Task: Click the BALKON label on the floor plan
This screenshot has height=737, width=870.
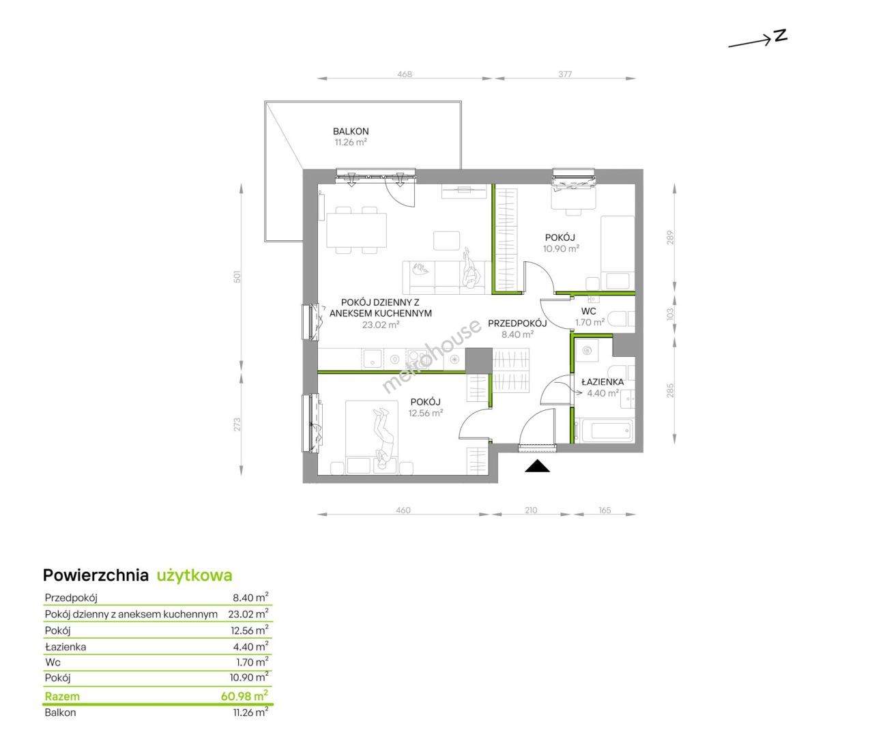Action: [x=351, y=131]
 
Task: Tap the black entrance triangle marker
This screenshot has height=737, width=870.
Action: [x=537, y=466]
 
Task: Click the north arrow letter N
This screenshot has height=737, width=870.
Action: [x=781, y=36]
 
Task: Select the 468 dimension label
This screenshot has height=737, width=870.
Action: [x=405, y=74]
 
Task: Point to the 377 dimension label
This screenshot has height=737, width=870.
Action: [x=565, y=74]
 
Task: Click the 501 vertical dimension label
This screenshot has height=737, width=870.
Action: [x=237, y=276]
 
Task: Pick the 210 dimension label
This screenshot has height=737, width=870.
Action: [x=531, y=510]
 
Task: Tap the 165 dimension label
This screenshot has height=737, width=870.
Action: [x=605, y=510]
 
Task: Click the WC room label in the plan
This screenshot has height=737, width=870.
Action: [x=588, y=311]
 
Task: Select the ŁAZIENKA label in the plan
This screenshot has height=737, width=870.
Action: [x=603, y=382]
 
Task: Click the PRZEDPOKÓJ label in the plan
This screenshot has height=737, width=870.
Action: [x=517, y=323]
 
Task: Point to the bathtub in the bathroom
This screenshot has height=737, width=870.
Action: [x=604, y=431]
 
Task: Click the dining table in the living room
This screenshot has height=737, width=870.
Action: [x=356, y=230]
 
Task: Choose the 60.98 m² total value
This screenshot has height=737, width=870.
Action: [x=244, y=696]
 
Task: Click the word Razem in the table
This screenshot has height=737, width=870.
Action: [x=62, y=696]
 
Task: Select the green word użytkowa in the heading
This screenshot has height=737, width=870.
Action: [x=194, y=575]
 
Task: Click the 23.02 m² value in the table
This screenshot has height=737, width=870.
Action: [x=248, y=613]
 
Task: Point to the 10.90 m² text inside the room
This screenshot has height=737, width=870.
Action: [x=561, y=248]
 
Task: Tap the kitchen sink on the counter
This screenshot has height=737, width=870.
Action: [x=372, y=360]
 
